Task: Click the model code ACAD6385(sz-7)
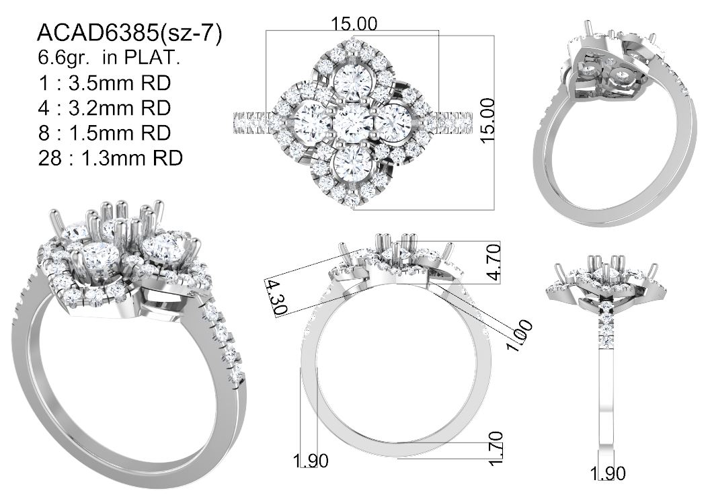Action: coord(130,34)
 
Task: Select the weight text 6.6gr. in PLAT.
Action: coord(108,58)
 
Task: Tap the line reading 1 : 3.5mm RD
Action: coord(105,83)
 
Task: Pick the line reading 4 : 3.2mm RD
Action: coord(105,108)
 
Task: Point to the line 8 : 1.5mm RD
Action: coord(105,132)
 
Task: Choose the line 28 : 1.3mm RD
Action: coord(111,158)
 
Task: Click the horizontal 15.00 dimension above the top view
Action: coord(354,24)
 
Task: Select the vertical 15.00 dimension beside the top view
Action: coord(487,121)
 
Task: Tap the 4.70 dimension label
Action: coord(494,262)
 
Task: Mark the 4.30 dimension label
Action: coord(276,297)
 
